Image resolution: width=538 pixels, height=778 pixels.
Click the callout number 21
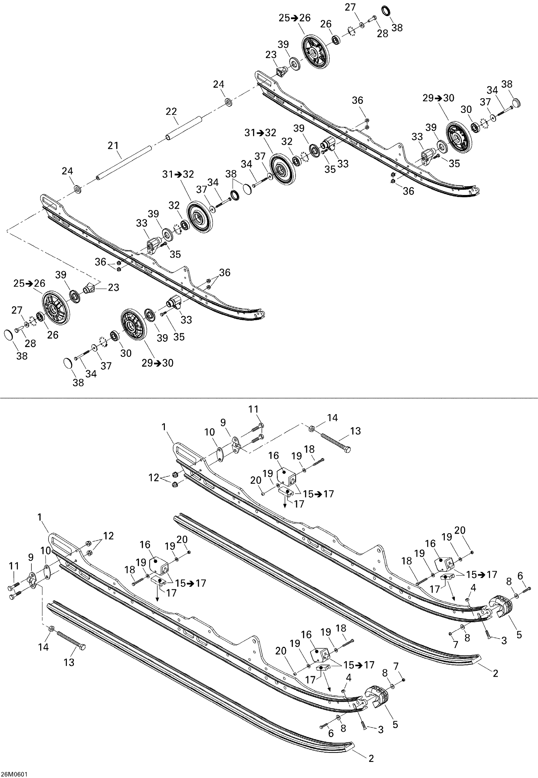pyautogui.click(x=113, y=146)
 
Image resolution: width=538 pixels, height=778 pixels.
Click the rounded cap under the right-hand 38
pyautogui.click(x=516, y=102)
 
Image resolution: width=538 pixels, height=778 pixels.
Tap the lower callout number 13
pyautogui.click(x=69, y=662)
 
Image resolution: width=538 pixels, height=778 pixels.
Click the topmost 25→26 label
pyautogui.click(x=294, y=18)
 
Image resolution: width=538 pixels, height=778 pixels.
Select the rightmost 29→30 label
pyautogui.click(x=438, y=98)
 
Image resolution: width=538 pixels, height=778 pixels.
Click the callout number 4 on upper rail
pyautogui.click(x=473, y=588)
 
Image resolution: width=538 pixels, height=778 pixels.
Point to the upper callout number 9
pyautogui.click(x=223, y=423)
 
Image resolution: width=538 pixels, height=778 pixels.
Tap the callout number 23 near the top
pyautogui.click(x=271, y=55)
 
